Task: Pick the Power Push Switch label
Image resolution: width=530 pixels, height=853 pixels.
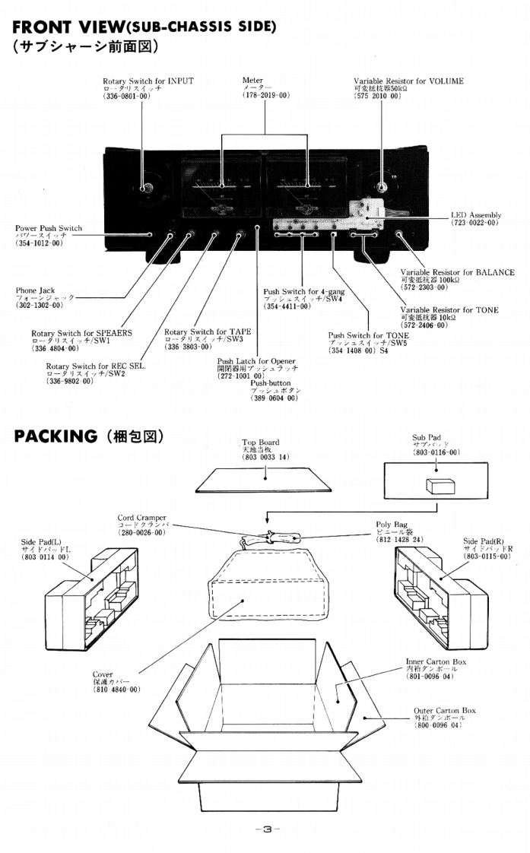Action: point(49,228)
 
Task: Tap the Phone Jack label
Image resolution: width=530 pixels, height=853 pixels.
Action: point(36,290)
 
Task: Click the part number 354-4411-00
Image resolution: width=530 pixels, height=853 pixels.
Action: point(287,306)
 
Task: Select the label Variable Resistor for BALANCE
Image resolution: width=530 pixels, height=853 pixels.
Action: point(457,272)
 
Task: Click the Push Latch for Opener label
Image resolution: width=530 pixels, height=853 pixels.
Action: point(256,361)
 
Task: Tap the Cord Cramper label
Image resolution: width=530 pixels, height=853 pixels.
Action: point(141,518)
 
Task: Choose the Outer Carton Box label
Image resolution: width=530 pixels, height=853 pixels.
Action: point(445,710)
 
